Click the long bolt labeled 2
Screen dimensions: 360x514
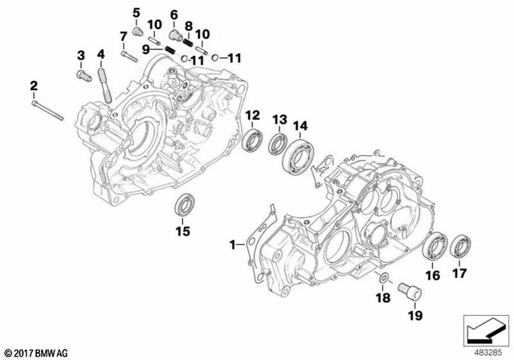pyautogui.click(x=47, y=110)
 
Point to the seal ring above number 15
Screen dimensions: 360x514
pyautogui.click(x=183, y=205)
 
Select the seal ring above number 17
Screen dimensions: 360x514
pyautogui.click(x=461, y=246)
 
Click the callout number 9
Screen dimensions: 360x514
pyautogui.click(x=146, y=48)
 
